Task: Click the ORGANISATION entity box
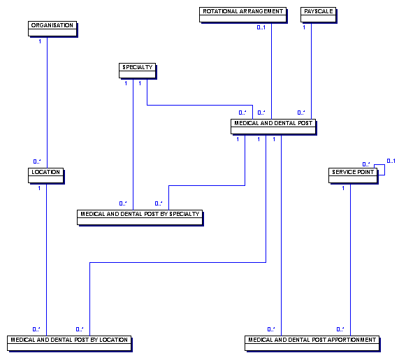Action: (x=52, y=29)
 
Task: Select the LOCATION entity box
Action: (x=46, y=175)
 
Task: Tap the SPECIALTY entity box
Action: (x=138, y=71)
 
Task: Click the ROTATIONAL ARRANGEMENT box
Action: (x=243, y=15)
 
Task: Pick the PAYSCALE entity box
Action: (x=319, y=15)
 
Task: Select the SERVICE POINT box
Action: (x=353, y=175)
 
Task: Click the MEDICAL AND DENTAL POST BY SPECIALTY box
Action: (x=140, y=217)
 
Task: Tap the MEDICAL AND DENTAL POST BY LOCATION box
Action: (x=69, y=343)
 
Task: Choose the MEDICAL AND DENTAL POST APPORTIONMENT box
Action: (x=312, y=343)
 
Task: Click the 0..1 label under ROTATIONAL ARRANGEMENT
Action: (x=261, y=27)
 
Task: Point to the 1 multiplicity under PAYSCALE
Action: (x=304, y=27)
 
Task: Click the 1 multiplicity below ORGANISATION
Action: (x=40, y=41)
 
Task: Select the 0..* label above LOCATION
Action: (x=37, y=161)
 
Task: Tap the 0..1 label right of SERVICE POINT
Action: (x=391, y=161)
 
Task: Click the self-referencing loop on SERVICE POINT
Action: (x=384, y=170)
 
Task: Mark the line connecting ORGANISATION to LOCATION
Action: (x=47, y=102)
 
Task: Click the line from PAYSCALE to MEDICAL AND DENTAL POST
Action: (x=311, y=71)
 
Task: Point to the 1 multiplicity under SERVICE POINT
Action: (x=343, y=188)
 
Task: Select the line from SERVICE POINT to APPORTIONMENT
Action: (x=350, y=259)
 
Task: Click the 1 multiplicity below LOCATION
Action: (x=39, y=188)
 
